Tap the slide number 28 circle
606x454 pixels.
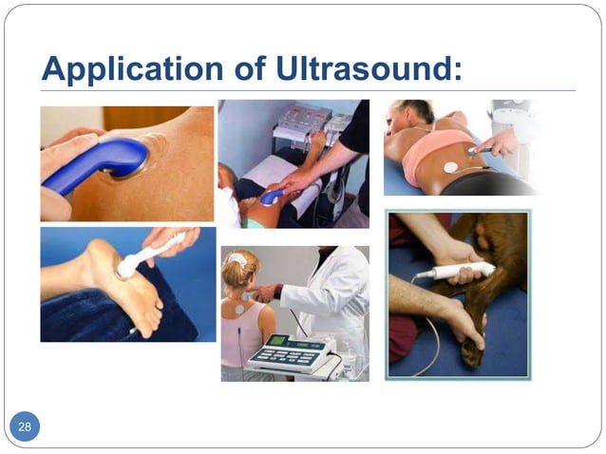[25, 426]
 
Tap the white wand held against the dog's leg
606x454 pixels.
[460, 272]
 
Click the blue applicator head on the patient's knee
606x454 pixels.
[272, 196]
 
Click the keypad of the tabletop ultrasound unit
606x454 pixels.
[285, 356]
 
